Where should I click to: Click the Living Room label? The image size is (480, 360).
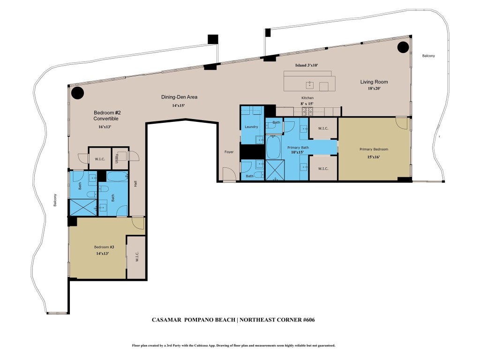pos(374,82)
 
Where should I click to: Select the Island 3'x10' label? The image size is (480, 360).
pos(307,65)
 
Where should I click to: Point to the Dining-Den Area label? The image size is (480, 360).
pos(179,97)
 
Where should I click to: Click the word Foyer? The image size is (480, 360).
pos(228,152)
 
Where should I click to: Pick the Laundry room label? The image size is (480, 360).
pos(252,127)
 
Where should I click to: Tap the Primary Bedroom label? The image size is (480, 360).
pos(374,149)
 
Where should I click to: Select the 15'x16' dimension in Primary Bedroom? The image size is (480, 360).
pos(374,157)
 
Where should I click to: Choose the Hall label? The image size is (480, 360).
pos(136,185)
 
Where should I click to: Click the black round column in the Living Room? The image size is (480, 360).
pos(403,47)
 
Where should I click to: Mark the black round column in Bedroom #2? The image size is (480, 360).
pos(77,93)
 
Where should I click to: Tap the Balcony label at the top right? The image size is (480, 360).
pos(428,56)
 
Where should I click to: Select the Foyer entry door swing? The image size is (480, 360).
pos(229,174)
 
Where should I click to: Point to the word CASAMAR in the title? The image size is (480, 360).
pos(168,320)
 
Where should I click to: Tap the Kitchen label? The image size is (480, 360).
pos(307,97)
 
